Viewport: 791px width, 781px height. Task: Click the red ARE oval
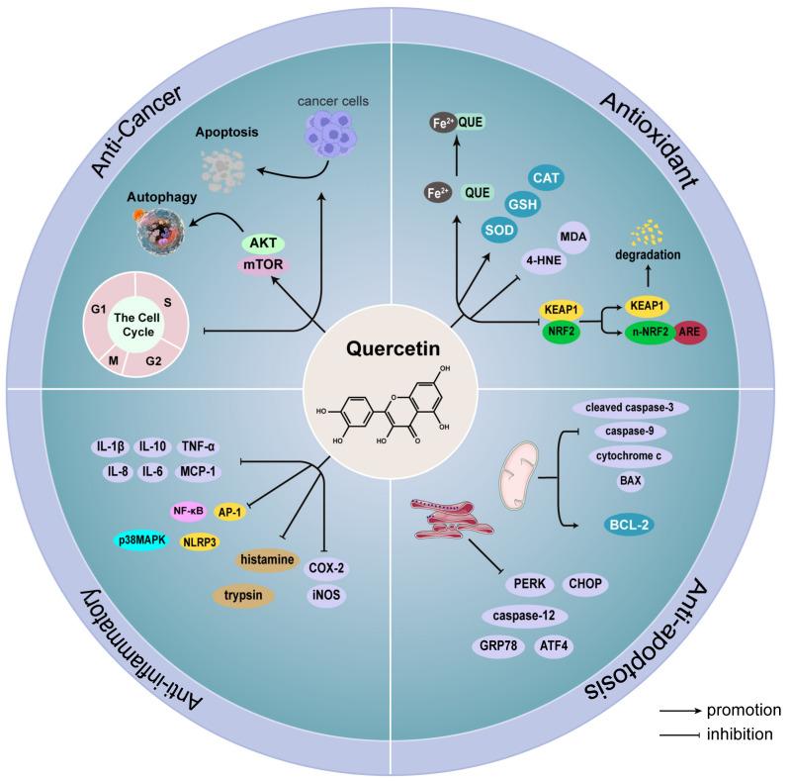[691, 333]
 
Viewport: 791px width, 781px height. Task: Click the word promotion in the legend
[744, 710]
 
